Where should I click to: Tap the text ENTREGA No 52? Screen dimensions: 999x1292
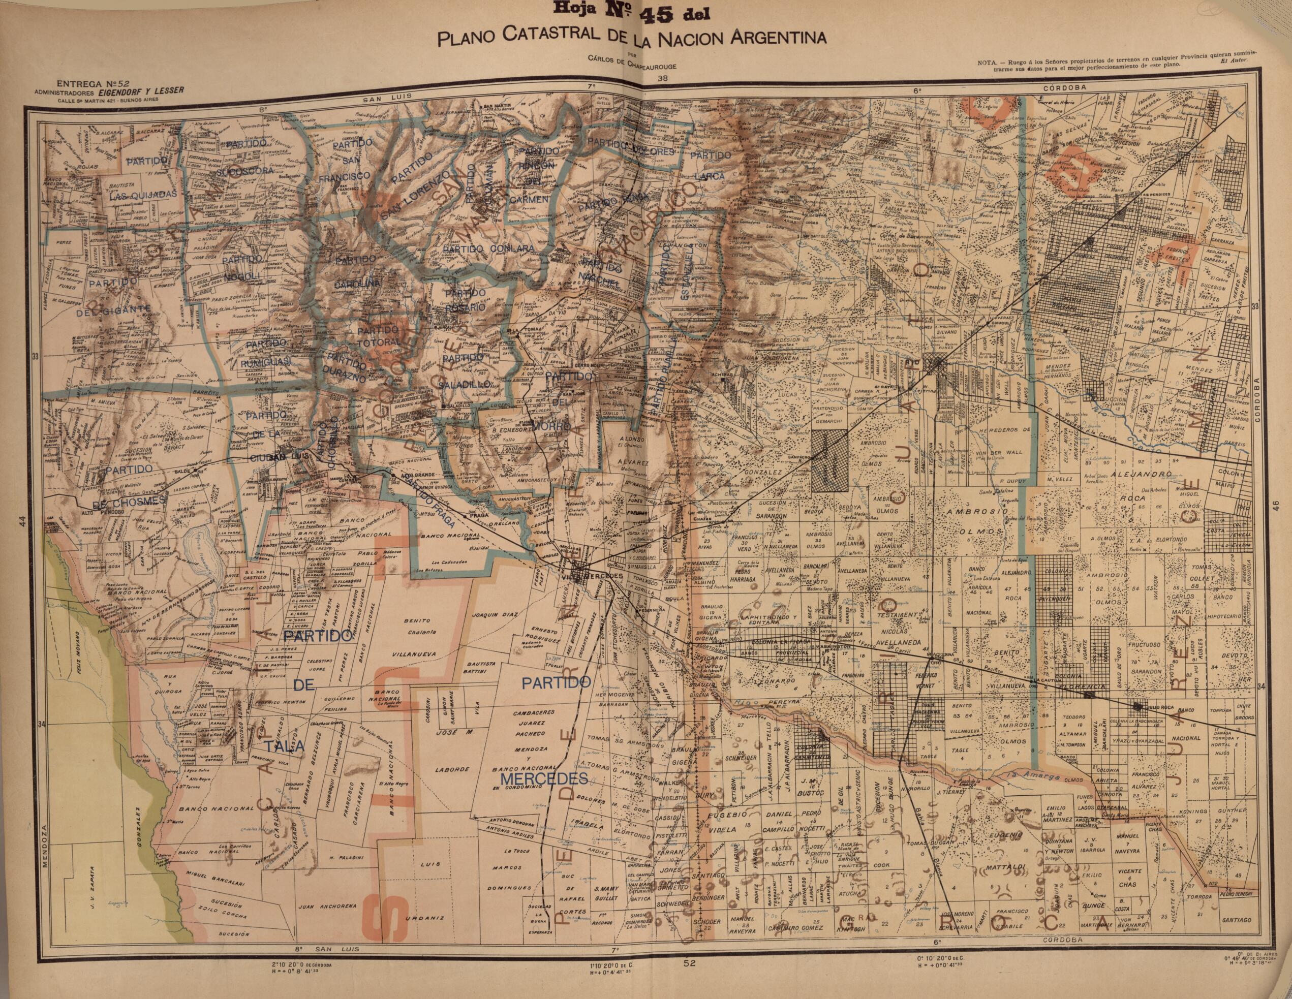tap(81, 84)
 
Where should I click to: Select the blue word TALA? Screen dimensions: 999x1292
tap(285, 747)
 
